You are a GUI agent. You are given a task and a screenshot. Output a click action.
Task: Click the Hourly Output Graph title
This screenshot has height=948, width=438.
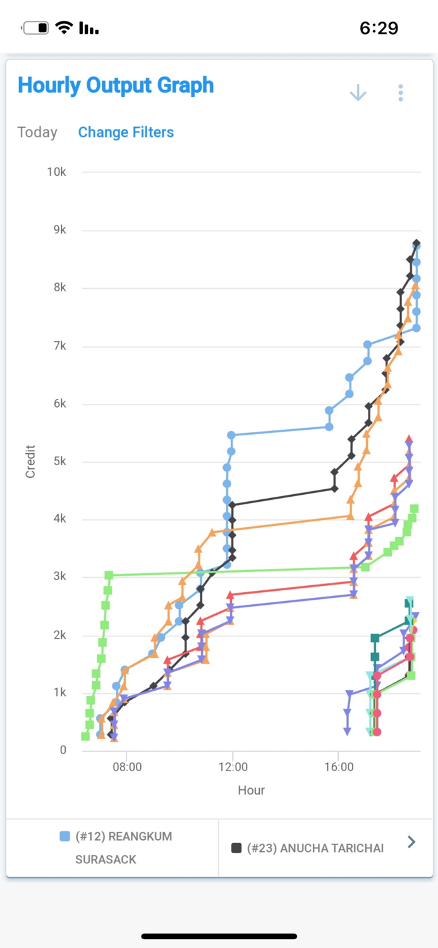(116, 85)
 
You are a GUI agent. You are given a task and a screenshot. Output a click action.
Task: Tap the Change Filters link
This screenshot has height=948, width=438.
(126, 132)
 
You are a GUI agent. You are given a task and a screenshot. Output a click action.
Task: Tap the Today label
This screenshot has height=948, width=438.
(37, 132)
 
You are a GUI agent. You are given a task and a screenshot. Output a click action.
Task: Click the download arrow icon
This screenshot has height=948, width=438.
(358, 94)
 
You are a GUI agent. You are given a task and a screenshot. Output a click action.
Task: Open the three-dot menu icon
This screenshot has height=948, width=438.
(401, 93)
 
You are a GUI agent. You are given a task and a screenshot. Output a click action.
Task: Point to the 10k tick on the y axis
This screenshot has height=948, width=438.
(56, 172)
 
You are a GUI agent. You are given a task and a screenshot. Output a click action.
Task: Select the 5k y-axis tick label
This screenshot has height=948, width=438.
(59, 461)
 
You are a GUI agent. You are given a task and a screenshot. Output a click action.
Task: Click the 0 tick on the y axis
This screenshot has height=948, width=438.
(63, 750)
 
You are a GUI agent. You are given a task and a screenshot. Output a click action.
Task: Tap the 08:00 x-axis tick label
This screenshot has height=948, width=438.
(126, 767)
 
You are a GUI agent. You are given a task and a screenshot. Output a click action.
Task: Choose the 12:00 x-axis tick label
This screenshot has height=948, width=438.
(233, 767)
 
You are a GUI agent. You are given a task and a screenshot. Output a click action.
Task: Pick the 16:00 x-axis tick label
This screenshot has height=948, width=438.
(339, 767)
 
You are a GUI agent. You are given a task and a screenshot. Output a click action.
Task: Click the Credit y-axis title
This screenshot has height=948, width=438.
(30, 461)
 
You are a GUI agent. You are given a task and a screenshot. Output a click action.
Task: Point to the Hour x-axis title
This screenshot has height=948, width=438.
(251, 790)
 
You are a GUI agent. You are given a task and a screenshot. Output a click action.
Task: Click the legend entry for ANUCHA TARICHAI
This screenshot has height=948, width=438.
(308, 848)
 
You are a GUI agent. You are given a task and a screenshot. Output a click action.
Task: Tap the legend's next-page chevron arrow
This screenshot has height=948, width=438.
(411, 842)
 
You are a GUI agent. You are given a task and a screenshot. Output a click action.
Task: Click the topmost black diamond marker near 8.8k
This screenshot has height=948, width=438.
(417, 244)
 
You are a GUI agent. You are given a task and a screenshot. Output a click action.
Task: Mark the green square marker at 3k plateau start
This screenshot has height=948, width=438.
(109, 575)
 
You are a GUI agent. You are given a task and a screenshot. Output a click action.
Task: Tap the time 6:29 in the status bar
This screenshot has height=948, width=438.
(379, 28)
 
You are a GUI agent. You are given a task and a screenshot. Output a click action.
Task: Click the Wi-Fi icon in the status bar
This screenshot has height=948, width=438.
(64, 28)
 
